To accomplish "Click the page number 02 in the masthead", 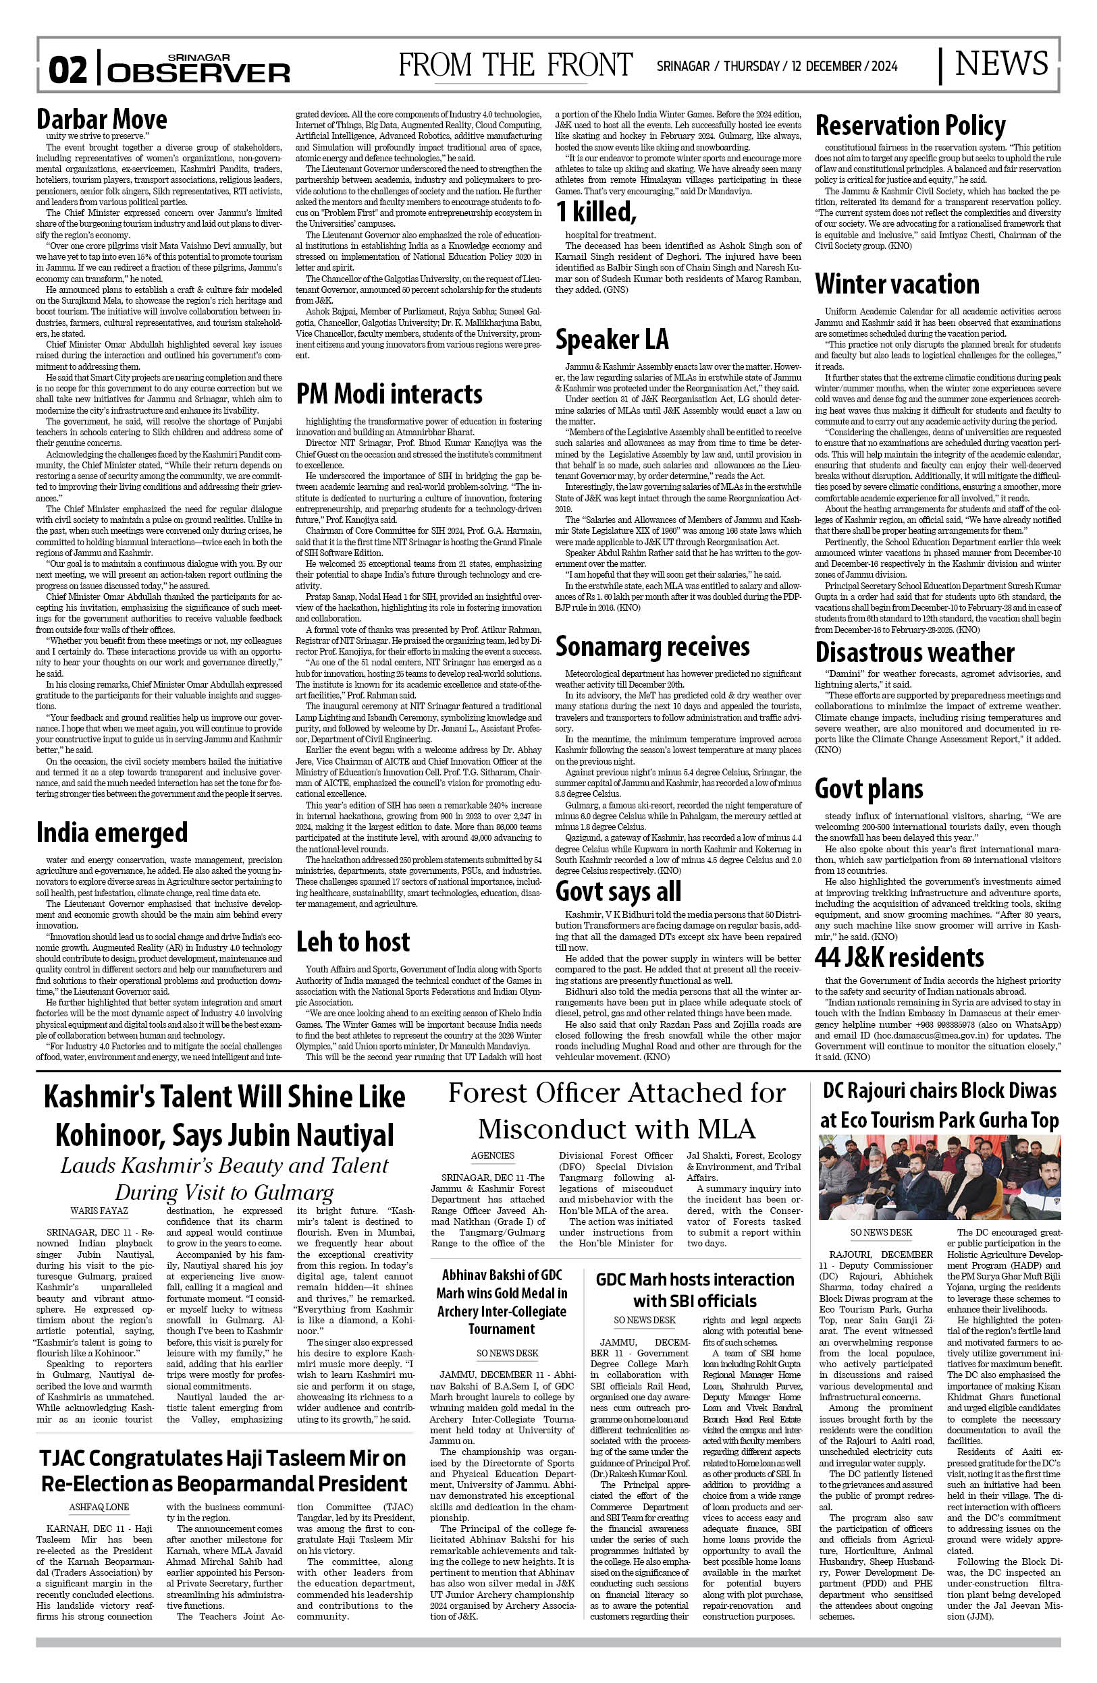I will (68, 70).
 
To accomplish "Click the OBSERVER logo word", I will (199, 73).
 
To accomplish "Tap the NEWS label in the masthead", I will (1001, 64).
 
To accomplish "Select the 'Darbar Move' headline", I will (102, 119).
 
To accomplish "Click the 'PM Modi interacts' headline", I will (389, 394).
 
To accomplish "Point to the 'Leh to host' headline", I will (352, 942).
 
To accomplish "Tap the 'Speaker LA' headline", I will (611, 340).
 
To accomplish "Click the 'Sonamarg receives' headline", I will (652, 646).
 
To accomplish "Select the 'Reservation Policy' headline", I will (910, 127).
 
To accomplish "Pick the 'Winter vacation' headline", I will (897, 284).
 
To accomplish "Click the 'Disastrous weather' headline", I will (915, 652).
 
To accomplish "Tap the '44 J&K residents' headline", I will (899, 958).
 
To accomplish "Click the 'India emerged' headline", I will (112, 833).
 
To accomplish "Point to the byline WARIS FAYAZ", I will (99, 1211).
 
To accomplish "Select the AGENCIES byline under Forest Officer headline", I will (492, 1155).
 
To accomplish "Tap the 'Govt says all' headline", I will (618, 891).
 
